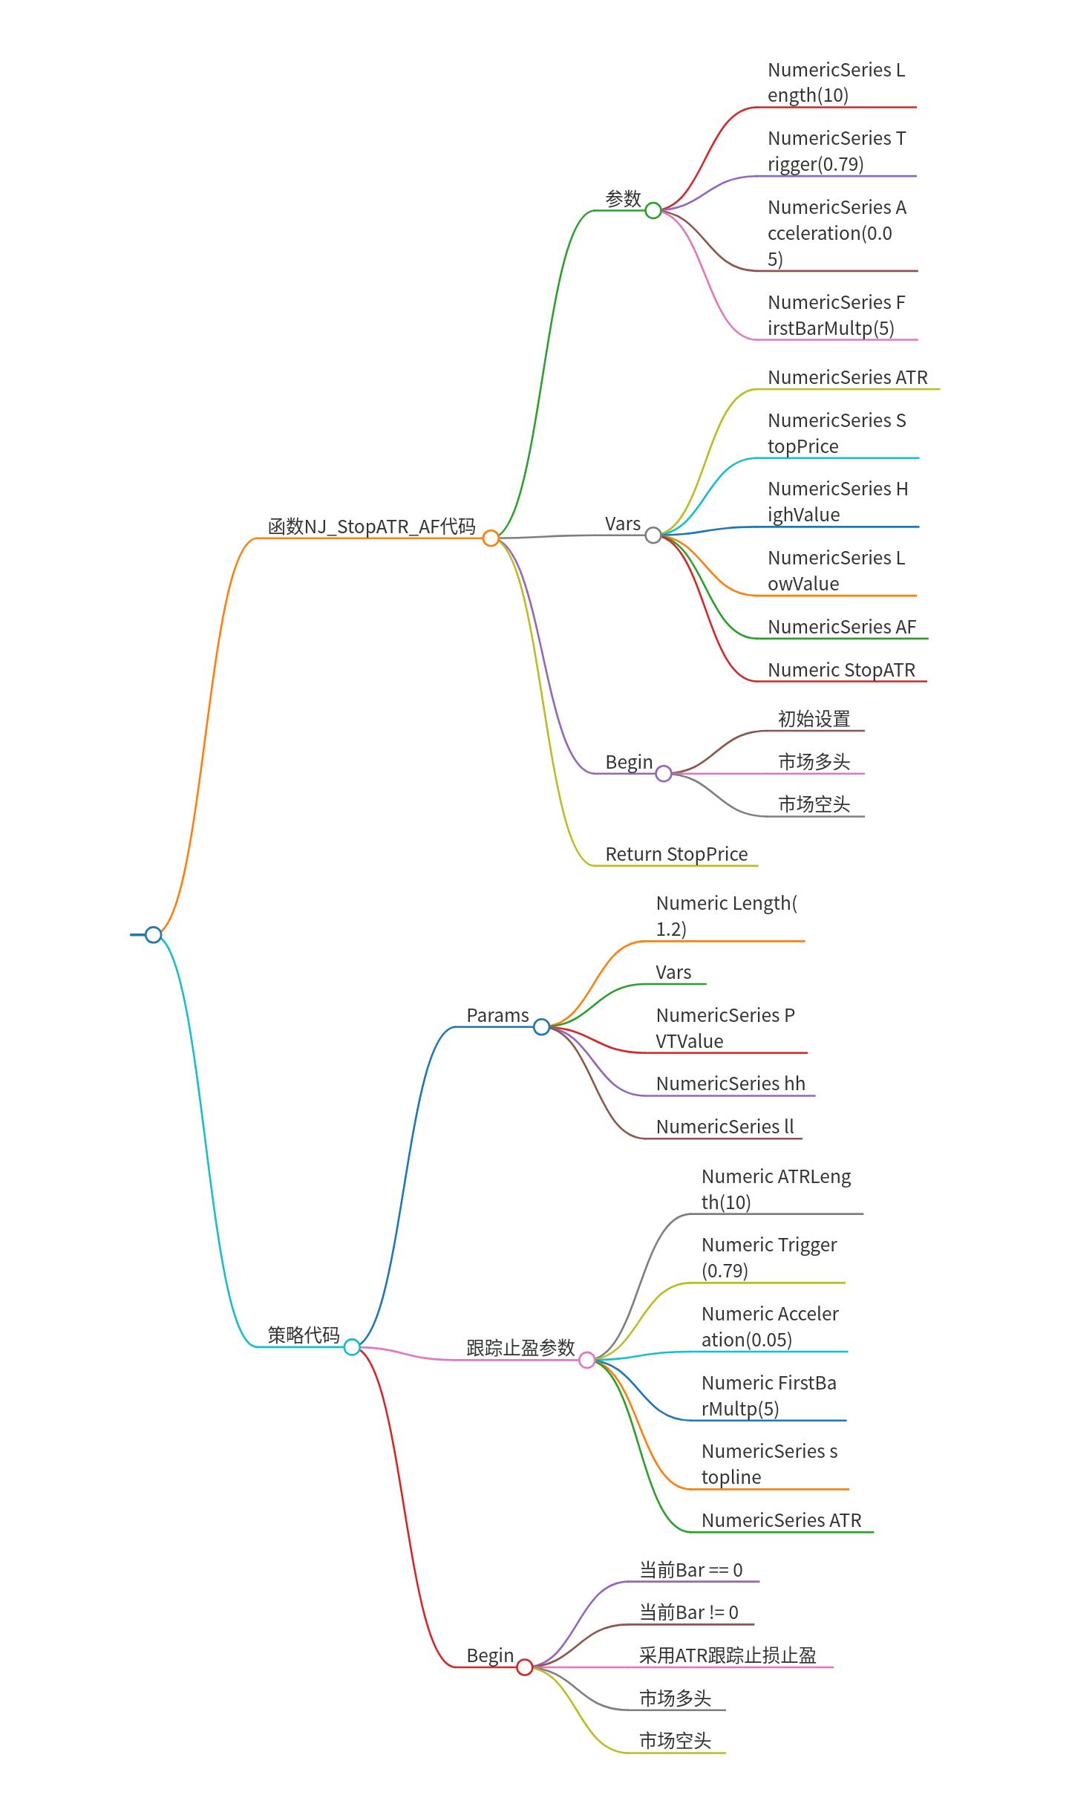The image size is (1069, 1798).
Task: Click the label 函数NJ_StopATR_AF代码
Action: pos(371,527)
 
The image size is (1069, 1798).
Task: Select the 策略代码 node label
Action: pos(303,1335)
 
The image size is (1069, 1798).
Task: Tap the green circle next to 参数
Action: pos(653,210)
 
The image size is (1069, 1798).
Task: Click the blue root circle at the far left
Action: pos(153,934)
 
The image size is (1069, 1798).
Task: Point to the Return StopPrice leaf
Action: pos(676,854)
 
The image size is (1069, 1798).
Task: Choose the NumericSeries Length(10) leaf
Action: pos(836,82)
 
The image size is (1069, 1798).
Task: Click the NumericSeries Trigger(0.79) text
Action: pos(836,151)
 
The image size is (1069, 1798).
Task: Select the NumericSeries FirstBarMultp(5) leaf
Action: pos(836,315)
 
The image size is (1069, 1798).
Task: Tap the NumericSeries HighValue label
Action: pos(837,501)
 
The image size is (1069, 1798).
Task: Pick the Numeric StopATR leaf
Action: pos(841,670)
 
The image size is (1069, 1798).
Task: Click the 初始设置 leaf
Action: pos(814,719)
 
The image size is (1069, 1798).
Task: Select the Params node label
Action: pos(497,1015)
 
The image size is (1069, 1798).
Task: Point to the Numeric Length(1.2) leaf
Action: pos(726,916)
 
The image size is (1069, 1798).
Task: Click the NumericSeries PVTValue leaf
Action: pos(725,1028)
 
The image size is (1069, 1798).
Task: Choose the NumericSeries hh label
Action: pos(730,1084)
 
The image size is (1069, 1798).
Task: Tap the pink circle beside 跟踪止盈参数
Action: pos(586,1360)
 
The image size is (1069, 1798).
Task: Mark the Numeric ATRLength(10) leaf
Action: pos(776,1189)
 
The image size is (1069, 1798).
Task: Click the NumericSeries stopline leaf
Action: pos(769,1464)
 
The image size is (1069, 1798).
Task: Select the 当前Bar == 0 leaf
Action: pos(690,1570)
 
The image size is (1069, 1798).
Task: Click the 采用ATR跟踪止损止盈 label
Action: pos(728,1655)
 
